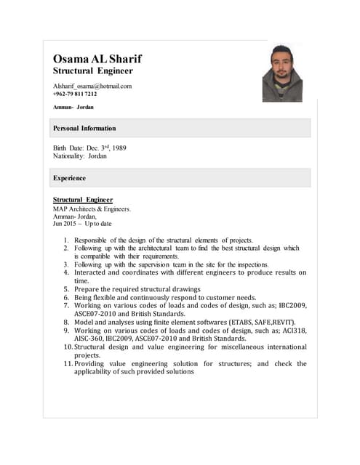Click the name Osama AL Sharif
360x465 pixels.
[x=97, y=59]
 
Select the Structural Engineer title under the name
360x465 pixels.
[x=92, y=71]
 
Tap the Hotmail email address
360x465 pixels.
[x=92, y=86]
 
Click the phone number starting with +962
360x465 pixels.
[x=75, y=94]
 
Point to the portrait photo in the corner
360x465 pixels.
[x=281, y=73]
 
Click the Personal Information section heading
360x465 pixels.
[x=84, y=128]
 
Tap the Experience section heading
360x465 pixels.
[x=69, y=177]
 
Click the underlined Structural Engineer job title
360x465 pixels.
[x=83, y=199]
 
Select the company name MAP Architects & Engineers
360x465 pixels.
[x=92, y=209]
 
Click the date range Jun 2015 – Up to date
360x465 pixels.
[x=82, y=224]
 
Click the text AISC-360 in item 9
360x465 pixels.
[x=91, y=339]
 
